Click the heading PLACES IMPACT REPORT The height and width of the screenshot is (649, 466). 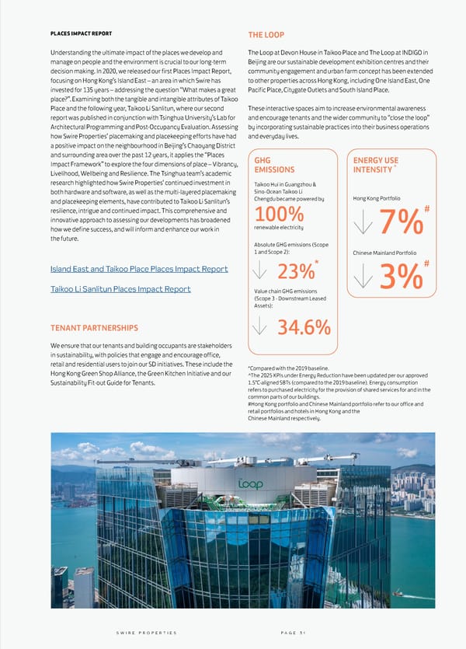click(82, 33)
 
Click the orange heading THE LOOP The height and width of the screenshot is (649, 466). click(266, 35)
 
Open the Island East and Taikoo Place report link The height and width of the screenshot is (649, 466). click(139, 269)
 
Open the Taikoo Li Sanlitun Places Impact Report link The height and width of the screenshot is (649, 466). click(120, 289)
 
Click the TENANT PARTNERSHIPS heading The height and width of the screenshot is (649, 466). click(95, 327)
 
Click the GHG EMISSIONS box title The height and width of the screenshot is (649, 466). click(275, 166)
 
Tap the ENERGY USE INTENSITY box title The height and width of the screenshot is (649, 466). click(376, 166)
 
